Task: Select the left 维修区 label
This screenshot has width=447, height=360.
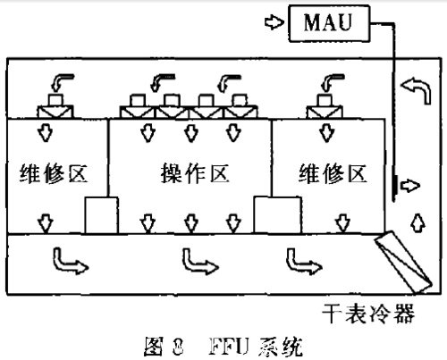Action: click(53, 172)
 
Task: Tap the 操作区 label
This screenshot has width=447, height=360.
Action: click(189, 172)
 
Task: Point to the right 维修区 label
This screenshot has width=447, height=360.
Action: click(332, 172)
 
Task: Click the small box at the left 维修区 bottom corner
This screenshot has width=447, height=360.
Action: click(100, 213)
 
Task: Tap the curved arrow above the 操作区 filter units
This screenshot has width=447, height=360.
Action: click(164, 82)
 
